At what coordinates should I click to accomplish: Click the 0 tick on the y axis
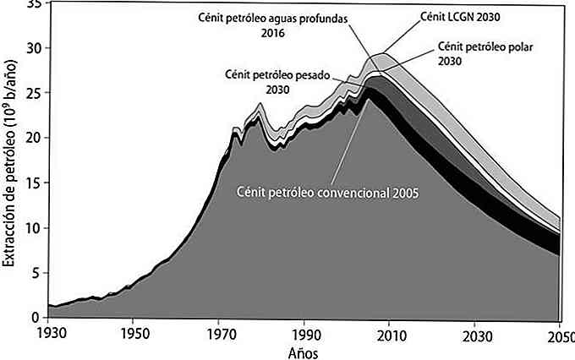(x=35, y=318)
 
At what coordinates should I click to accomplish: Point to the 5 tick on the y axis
(x=35, y=273)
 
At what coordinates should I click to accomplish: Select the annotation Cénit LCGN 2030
(x=468, y=16)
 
